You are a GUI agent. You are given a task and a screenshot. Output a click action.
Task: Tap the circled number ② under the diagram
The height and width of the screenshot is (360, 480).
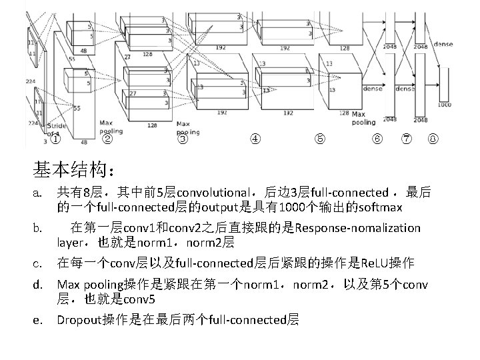coord(107,139)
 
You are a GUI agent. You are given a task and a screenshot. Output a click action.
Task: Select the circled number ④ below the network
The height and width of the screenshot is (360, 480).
coord(255,139)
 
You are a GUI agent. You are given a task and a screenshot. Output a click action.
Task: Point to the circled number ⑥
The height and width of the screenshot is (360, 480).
coord(377,139)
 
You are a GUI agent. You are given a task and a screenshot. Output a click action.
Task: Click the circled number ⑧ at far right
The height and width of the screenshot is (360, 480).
coord(433,139)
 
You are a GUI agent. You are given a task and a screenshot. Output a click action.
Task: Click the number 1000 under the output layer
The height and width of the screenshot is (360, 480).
coord(444,105)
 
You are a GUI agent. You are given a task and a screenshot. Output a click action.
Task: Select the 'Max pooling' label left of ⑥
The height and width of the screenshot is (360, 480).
coord(363,119)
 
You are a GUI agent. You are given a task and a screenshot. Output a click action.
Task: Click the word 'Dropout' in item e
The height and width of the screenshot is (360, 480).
coord(79,321)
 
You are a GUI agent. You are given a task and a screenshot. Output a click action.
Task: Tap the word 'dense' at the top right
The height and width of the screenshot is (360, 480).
coord(443,45)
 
